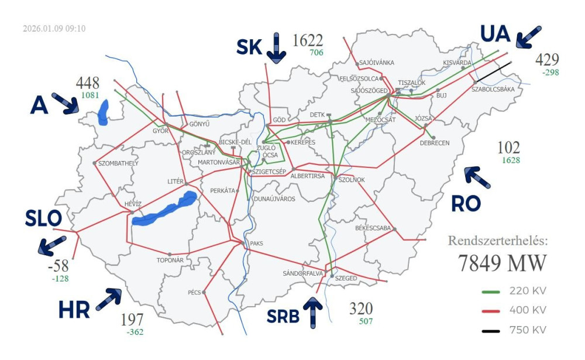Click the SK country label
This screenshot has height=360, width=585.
249,46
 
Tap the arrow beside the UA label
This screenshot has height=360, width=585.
528,37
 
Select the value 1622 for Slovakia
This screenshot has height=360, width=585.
308,40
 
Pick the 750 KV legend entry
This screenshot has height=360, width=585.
528,330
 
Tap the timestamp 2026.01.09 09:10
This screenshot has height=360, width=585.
54,28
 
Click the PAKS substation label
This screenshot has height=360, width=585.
257,243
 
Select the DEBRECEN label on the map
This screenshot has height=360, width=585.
435,143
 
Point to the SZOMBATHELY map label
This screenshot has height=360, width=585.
119,163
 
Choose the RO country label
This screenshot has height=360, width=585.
466,203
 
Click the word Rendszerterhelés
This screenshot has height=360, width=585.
498,241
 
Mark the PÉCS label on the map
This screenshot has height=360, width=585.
194,292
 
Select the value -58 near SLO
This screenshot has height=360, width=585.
58,266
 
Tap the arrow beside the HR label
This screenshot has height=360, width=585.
108,299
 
